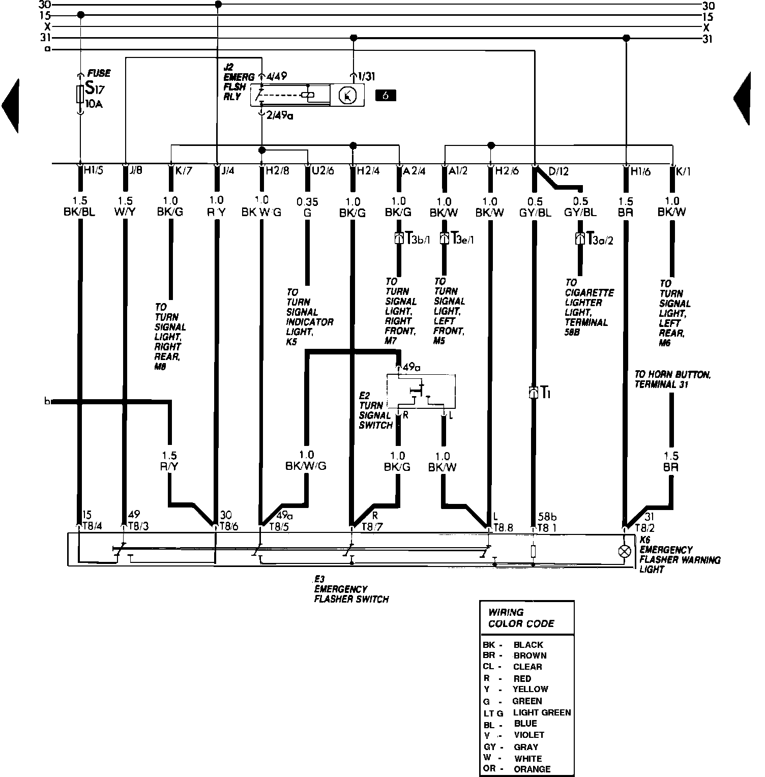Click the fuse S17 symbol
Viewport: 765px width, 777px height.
(x=80, y=95)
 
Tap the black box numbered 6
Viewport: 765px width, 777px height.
(x=385, y=95)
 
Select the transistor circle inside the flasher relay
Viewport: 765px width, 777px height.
(x=347, y=95)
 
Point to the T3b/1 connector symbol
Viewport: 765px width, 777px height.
(x=399, y=238)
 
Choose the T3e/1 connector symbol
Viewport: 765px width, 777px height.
(x=444, y=238)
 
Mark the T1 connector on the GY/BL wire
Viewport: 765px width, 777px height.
(x=534, y=393)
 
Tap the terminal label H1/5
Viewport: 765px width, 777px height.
(x=94, y=170)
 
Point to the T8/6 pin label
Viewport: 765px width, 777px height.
(x=228, y=527)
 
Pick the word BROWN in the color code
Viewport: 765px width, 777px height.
(x=530, y=655)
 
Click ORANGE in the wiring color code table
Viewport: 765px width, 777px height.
(x=532, y=769)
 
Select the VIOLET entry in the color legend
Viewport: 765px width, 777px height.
(x=529, y=735)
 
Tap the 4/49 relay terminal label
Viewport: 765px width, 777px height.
(x=276, y=76)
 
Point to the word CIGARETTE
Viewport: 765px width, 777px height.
(x=589, y=292)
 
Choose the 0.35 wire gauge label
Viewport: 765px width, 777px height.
(x=307, y=202)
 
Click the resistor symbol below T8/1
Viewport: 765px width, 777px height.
(x=534, y=551)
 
